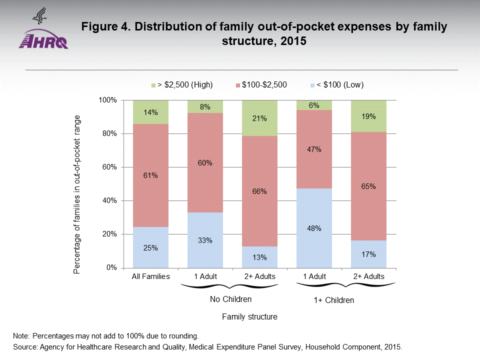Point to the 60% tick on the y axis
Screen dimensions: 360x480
coord(108,167)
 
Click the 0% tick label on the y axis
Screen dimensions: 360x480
coord(111,267)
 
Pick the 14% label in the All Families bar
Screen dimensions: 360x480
coord(150,112)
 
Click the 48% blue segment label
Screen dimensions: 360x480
coord(314,228)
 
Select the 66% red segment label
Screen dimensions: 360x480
coord(259,191)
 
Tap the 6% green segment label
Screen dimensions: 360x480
coord(314,106)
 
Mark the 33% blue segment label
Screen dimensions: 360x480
coord(205,240)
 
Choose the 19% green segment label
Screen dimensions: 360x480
coord(368,116)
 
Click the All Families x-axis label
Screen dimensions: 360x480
coord(150,276)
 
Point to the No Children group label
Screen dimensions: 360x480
coord(230,299)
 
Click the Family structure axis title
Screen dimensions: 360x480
coord(249,317)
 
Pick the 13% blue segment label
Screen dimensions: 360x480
coord(259,257)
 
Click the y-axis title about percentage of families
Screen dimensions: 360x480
coord(76,194)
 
